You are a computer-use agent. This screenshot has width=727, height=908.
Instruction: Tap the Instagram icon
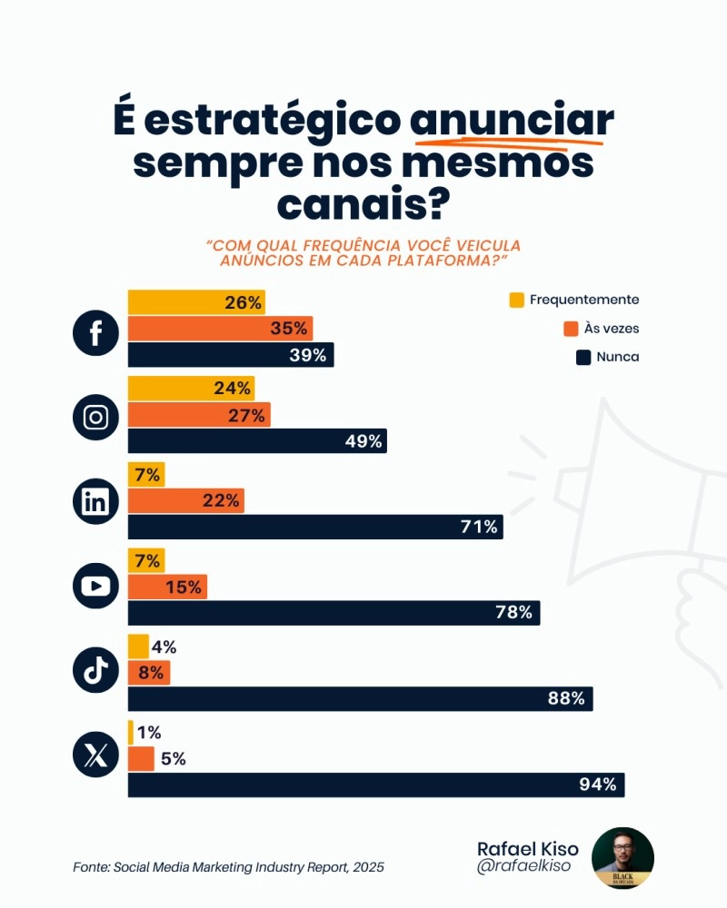(95, 418)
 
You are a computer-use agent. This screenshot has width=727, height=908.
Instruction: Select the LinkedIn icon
(95, 502)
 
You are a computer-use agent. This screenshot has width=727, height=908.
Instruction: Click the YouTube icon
(95, 587)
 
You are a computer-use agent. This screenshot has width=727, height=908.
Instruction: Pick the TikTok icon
(95, 671)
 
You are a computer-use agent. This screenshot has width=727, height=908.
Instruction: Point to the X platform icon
(95, 755)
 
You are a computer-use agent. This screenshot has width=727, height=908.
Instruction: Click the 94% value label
(598, 785)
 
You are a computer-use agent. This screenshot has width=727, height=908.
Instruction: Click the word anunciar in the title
(512, 121)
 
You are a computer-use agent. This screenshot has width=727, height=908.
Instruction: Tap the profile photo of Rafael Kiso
(622, 858)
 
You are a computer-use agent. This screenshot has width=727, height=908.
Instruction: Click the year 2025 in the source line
(367, 867)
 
